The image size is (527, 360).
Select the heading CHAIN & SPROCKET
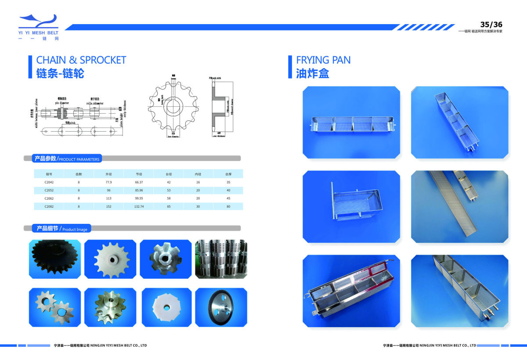(81, 60)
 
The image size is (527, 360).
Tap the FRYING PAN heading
(323, 60)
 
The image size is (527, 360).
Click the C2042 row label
(49, 182)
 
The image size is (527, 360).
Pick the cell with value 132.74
(139, 206)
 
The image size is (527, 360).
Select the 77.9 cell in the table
(108, 182)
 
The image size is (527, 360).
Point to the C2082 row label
(49, 206)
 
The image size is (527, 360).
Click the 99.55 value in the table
(139, 198)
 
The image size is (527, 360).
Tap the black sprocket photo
(54, 259)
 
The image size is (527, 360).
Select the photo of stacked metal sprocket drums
(221, 259)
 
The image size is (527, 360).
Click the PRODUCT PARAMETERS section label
(67, 158)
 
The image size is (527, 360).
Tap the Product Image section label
(61, 229)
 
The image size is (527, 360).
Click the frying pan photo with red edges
(351, 291)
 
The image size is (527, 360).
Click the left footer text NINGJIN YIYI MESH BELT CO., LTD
(100, 346)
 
